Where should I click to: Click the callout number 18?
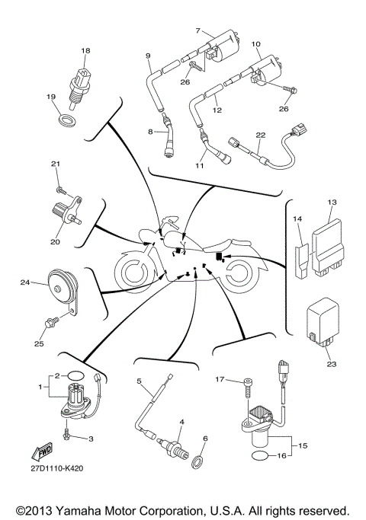pyautogui.click(x=85, y=50)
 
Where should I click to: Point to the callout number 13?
pyautogui.click(x=331, y=202)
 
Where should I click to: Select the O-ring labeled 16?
pyautogui.click(x=259, y=455)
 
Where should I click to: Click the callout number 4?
pyautogui.click(x=181, y=421)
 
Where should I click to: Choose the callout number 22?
pyautogui.click(x=261, y=134)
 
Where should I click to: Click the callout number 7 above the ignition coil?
pyautogui.click(x=197, y=31)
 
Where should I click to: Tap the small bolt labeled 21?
pyautogui.click(x=59, y=180)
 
